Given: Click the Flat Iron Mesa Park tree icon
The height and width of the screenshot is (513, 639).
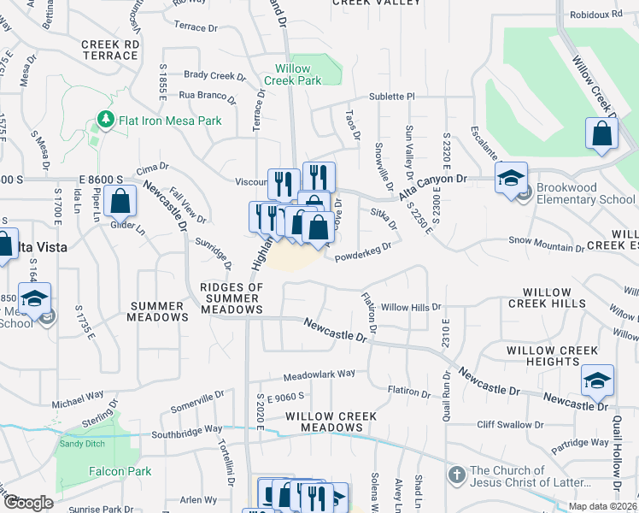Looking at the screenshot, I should click(x=106, y=120).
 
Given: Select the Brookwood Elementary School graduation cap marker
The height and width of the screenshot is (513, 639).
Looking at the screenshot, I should click(x=511, y=179).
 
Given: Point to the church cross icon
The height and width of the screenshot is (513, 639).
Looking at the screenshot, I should click(x=457, y=474).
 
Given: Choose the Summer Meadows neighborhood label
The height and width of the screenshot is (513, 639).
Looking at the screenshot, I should click(x=157, y=311).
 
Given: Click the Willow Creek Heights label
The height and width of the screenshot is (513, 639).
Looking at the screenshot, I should click(x=552, y=356).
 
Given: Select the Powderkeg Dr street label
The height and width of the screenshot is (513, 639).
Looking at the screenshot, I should click(x=363, y=250).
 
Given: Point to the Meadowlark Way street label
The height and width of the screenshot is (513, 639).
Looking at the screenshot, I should click(x=319, y=374).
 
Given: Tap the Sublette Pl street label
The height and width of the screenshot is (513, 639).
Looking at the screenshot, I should click(x=391, y=97).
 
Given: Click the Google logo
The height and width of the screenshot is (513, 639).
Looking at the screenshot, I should click(x=29, y=503).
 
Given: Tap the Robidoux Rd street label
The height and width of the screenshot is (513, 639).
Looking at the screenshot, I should click(x=598, y=15).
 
